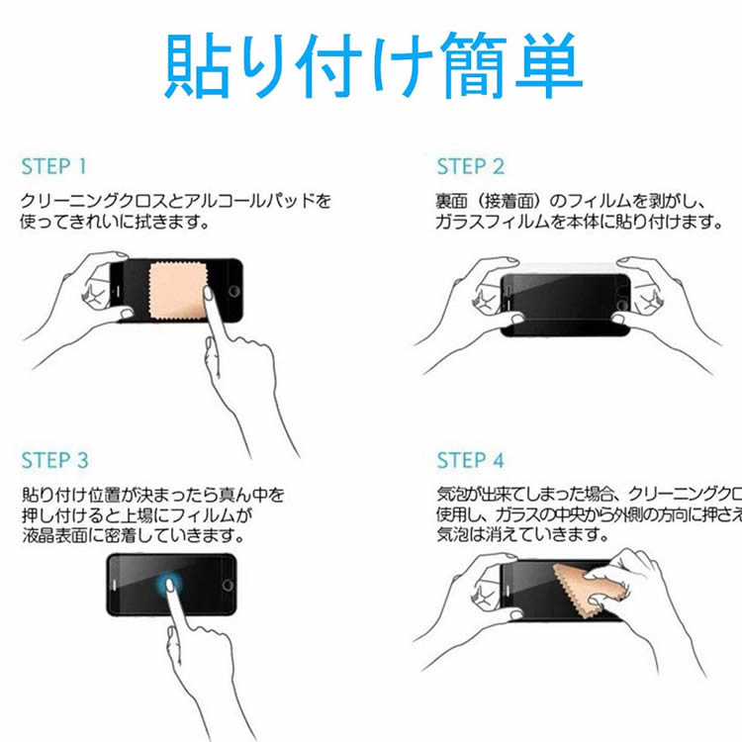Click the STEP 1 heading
54,165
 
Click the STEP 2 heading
471,165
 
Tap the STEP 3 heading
54,460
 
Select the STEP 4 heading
471,460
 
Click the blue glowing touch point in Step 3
170,584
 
